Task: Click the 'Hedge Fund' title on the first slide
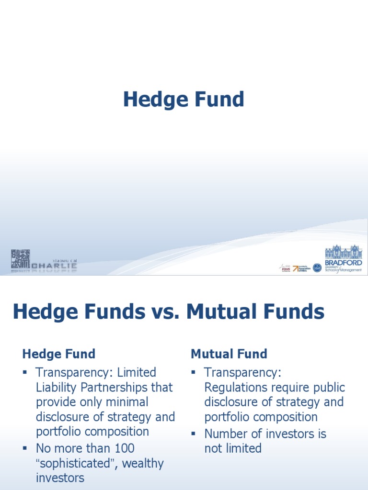(184, 100)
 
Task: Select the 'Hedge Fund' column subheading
(58, 354)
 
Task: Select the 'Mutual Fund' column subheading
(229, 354)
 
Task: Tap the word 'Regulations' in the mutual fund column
(239, 387)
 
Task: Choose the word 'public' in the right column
(328, 387)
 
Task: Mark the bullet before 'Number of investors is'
(194, 434)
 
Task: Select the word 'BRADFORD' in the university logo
(344, 262)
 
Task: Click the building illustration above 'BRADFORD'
(344, 252)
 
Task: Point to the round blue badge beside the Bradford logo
(317, 267)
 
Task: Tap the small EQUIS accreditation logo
(286, 268)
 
